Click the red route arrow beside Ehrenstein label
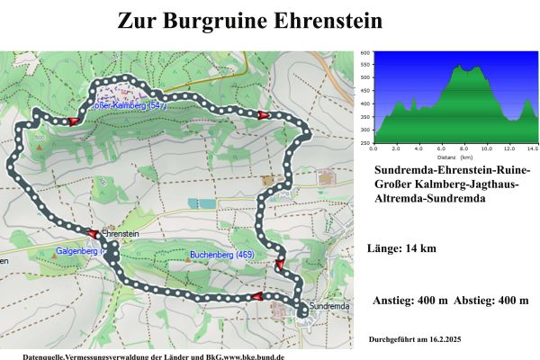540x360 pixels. (94, 232)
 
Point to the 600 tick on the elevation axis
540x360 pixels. (364, 53)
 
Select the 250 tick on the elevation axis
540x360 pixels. (364, 142)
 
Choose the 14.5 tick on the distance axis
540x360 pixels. (533, 148)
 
